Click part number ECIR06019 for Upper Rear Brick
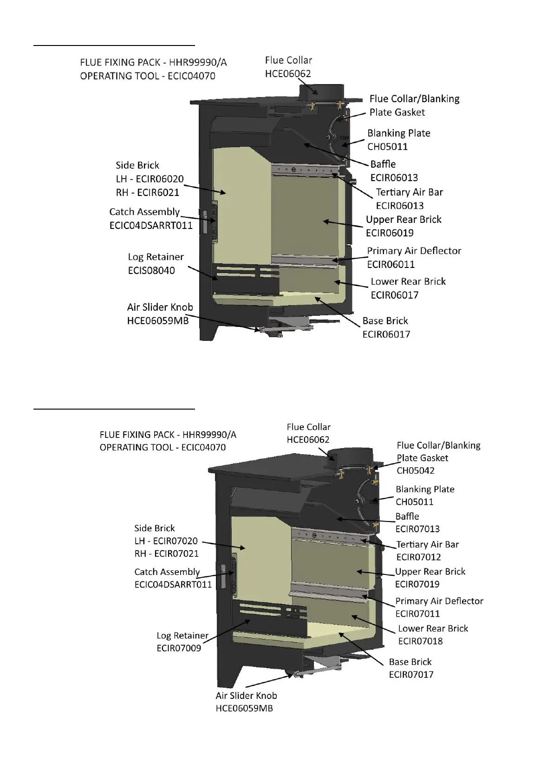(390, 233)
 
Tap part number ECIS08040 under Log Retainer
(151, 271)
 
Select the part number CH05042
(416, 470)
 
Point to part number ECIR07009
(179, 648)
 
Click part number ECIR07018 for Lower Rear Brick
(420, 641)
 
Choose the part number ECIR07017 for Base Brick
(411, 675)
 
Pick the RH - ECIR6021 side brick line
(147, 193)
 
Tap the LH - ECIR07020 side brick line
(166, 541)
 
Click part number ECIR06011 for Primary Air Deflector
(390, 265)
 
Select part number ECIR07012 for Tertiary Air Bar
(418, 557)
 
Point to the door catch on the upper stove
(214, 222)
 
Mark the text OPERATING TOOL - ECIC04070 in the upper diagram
(148, 76)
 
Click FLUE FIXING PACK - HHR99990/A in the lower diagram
(168, 435)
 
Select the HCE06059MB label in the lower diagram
(244, 709)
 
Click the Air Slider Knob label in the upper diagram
(160, 307)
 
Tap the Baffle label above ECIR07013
(407, 516)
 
